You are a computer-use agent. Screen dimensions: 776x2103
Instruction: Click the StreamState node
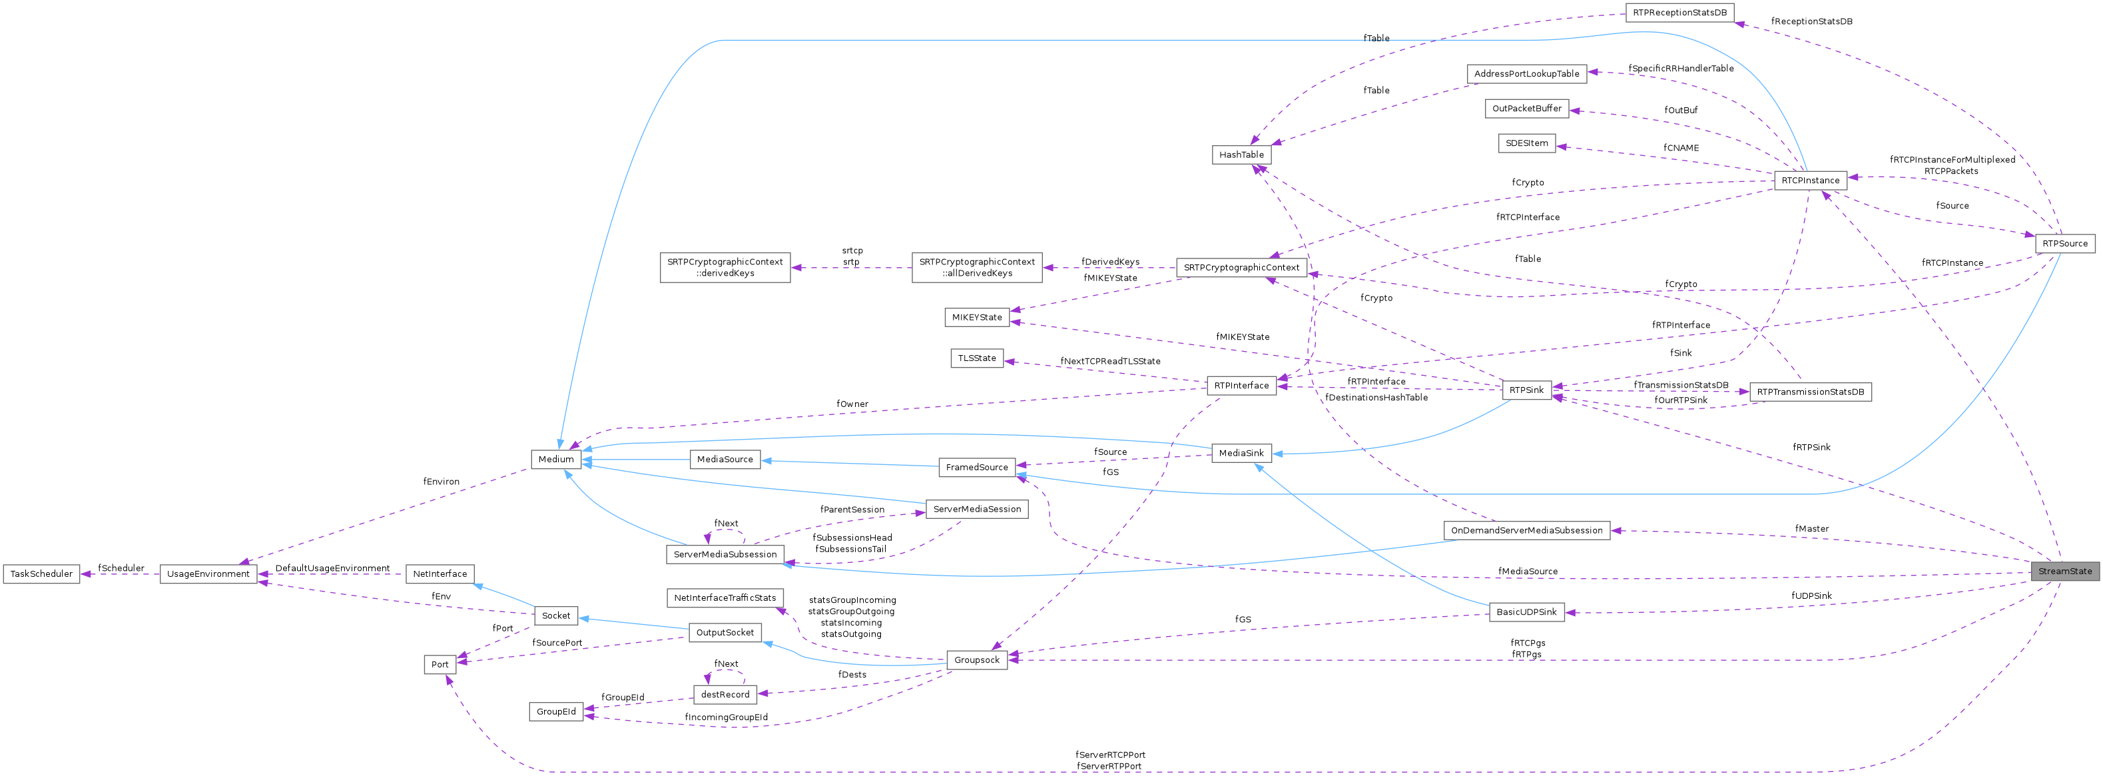[x=2064, y=571]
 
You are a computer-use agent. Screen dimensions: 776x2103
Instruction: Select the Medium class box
[x=556, y=459]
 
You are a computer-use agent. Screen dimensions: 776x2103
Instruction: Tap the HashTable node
[x=1241, y=155]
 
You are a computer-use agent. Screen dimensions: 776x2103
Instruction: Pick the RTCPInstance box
[x=1810, y=181]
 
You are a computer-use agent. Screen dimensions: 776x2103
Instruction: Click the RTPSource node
[x=2064, y=243]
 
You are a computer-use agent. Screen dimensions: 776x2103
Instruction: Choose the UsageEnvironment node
[x=208, y=574]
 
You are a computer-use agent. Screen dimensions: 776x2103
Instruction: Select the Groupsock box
[x=976, y=660]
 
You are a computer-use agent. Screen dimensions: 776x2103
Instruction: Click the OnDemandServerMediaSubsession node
[x=1526, y=530]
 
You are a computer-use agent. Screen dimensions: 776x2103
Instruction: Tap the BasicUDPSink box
[x=1526, y=612]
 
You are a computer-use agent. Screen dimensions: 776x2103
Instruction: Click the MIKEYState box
[x=976, y=317]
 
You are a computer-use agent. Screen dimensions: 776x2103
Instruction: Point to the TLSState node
[x=976, y=358]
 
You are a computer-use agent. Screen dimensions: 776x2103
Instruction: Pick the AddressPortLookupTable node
[x=1526, y=73]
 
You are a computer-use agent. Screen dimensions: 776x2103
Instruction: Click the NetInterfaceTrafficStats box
[x=724, y=598]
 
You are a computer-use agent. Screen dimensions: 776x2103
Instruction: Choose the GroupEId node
[x=556, y=711]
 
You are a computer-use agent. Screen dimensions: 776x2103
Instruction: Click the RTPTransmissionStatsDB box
[x=1810, y=392]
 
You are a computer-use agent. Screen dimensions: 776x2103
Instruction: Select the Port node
[x=440, y=664]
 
